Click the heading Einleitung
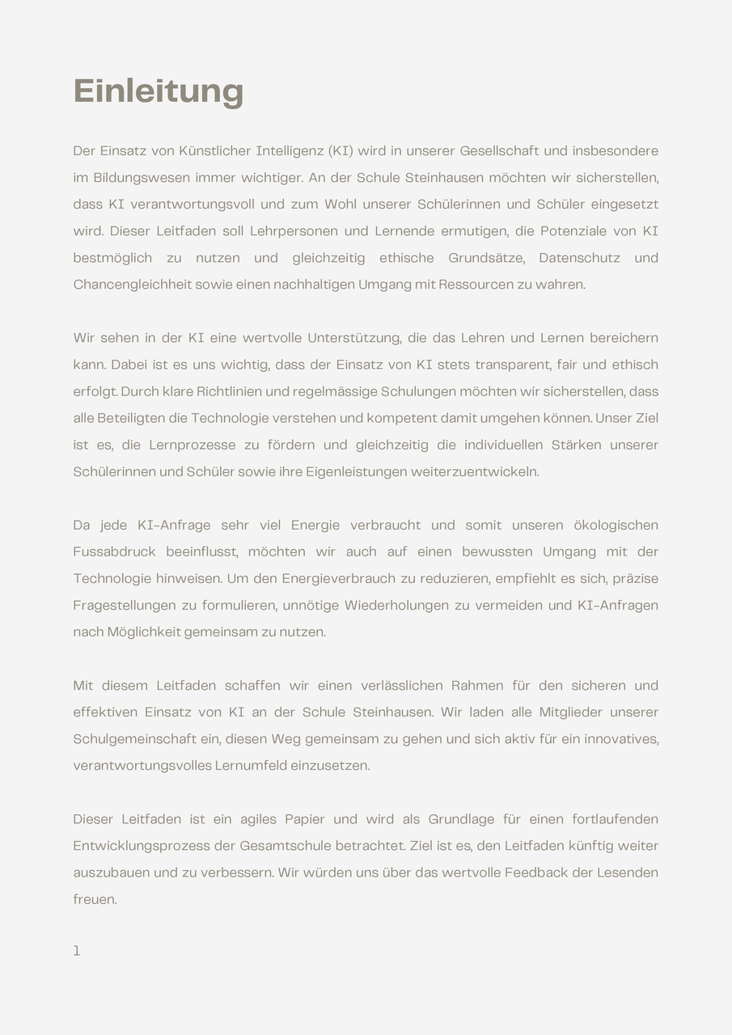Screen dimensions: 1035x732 pyautogui.click(x=159, y=91)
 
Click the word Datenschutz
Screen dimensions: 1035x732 pyautogui.click(x=579, y=258)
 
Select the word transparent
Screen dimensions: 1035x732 pyautogui.click(x=511, y=365)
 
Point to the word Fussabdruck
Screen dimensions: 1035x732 pyautogui.click(x=114, y=551)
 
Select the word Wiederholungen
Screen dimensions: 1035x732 pyautogui.click(x=393, y=605)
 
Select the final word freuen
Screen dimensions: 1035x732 pyautogui.click(x=95, y=899)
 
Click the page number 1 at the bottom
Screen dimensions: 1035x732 pyautogui.click(x=77, y=951)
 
